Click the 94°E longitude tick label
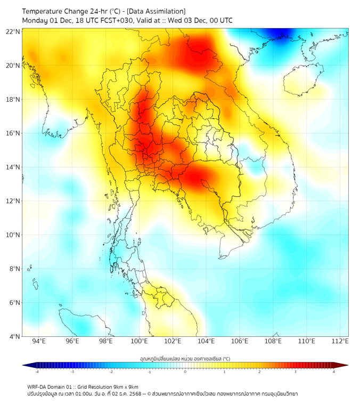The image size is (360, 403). click(39, 341)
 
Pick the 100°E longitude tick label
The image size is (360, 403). click(140, 341)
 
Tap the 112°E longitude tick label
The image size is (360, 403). click(340, 341)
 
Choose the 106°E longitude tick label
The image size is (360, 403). click(240, 341)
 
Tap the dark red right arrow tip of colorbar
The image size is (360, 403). click(345, 365)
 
